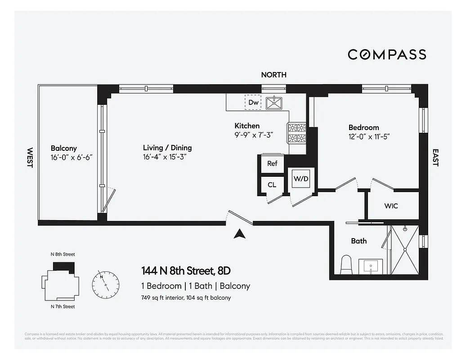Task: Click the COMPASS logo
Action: pyautogui.click(x=387, y=54)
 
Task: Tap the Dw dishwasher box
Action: pyautogui.click(x=253, y=102)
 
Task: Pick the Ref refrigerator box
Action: pyautogui.click(x=272, y=163)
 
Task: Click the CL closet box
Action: pyautogui.click(x=272, y=184)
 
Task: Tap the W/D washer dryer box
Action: pyautogui.click(x=301, y=179)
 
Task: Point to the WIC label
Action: pyautogui.click(x=390, y=206)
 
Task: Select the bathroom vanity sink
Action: pyautogui.click(x=371, y=266)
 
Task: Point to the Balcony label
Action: pyautogui.click(x=63, y=148)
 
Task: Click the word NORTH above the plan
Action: pyautogui.click(x=273, y=75)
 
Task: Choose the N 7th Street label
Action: pyautogui.click(x=63, y=306)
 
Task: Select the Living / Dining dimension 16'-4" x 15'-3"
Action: pyautogui.click(x=164, y=157)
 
